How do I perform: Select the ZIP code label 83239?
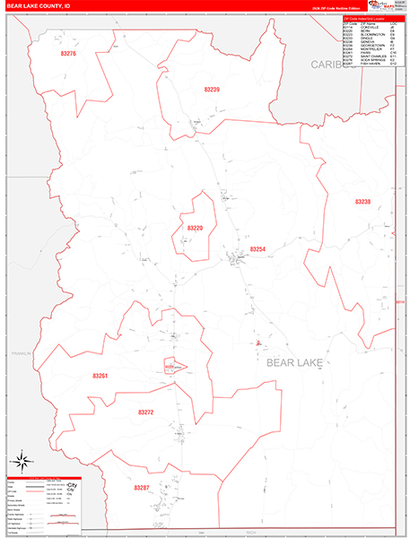pos(212,90)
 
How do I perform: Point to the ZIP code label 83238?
pos(362,202)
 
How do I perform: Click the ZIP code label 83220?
pos(195,228)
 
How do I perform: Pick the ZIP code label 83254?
pos(257,249)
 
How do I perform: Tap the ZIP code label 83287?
pos(140,488)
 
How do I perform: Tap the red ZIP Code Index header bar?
pos(368,18)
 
